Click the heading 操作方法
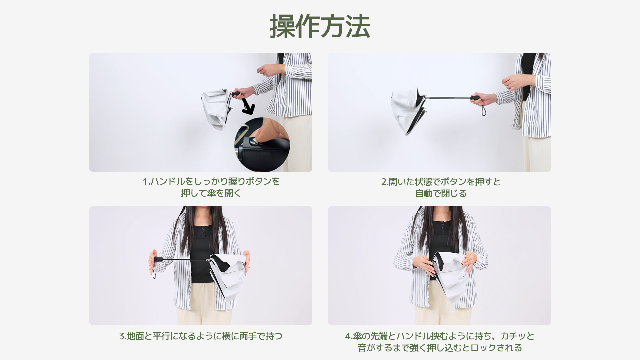click(320, 26)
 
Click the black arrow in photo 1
click(248, 106)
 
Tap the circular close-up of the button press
click(262, 144)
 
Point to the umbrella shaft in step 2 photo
click(448, 98)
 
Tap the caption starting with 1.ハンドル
click(211, 182)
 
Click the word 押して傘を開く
click(211, 193)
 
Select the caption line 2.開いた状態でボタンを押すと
click(441, 182)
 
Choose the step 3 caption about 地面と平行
click(201, 336)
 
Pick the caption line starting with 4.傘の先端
click(440, 336)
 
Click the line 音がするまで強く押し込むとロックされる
click(440, 348)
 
